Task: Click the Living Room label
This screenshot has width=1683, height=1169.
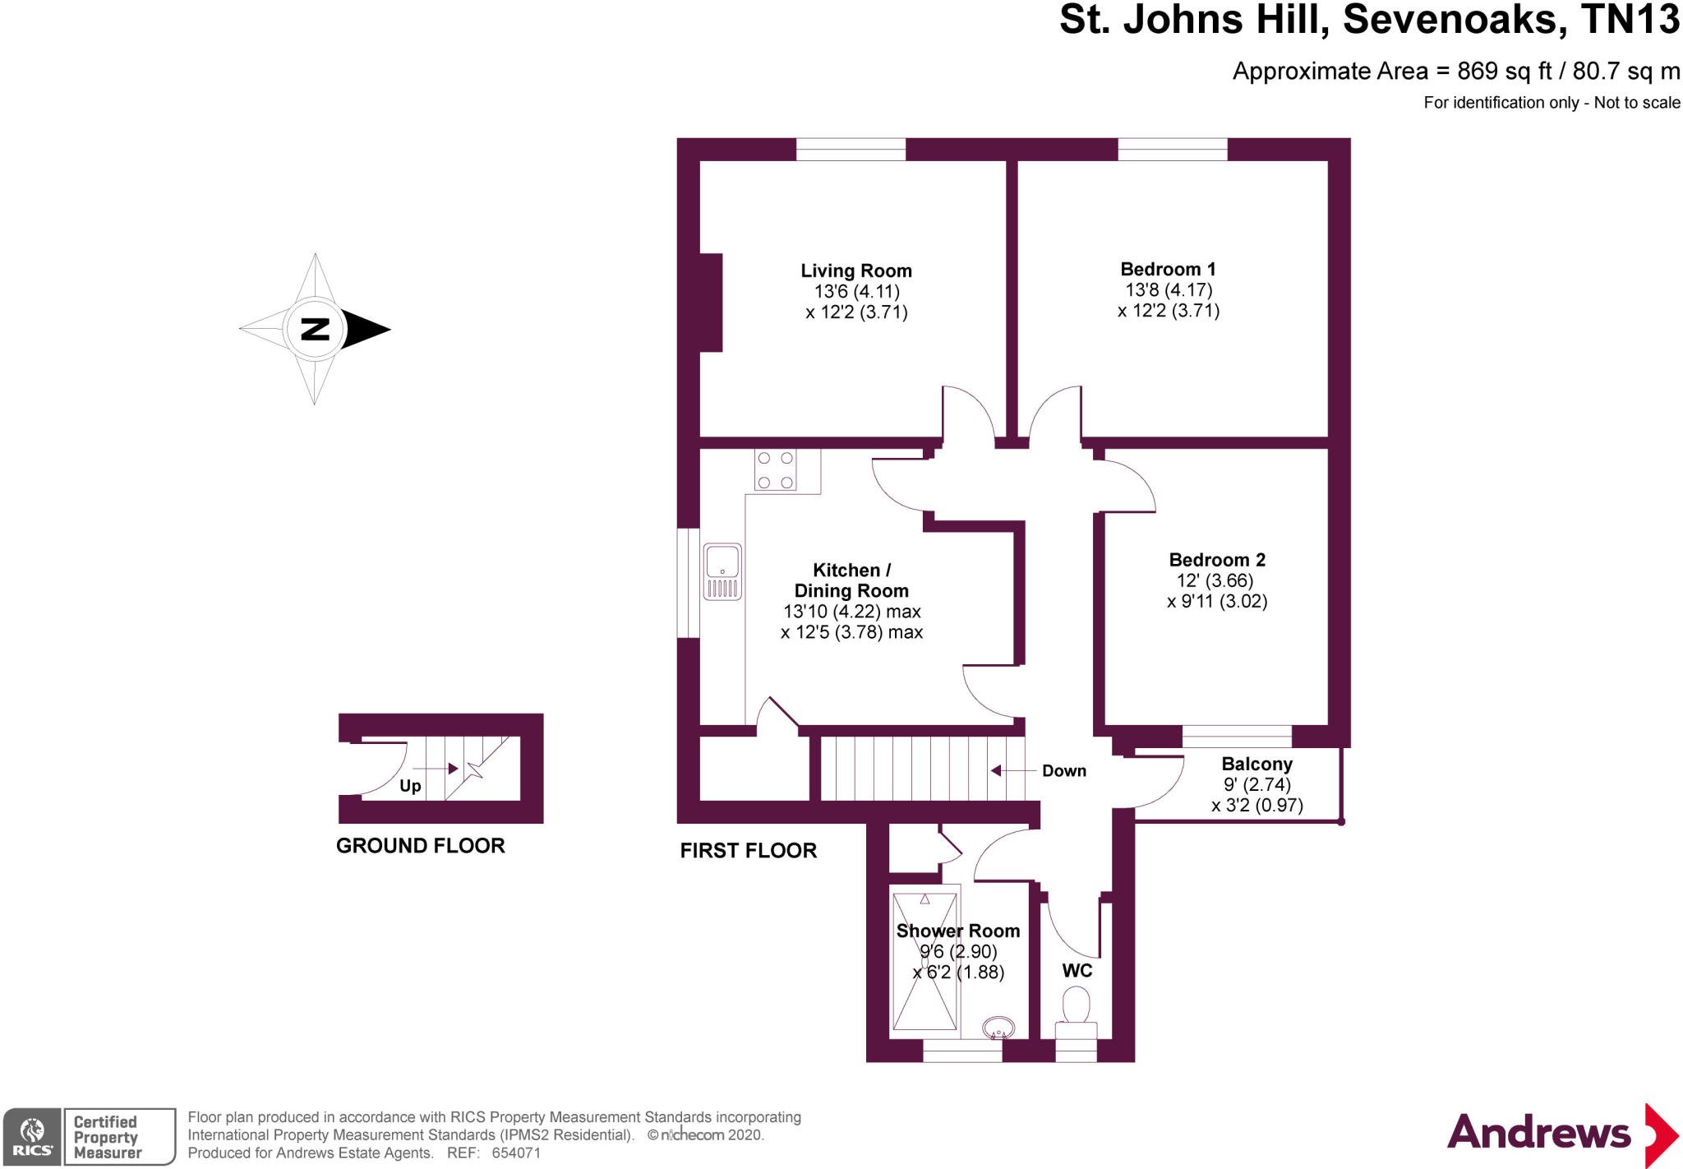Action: click(856, 270)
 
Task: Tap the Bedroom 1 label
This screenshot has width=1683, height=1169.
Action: click(1168, 269)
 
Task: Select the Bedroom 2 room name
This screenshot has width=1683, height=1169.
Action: click(1217, 560)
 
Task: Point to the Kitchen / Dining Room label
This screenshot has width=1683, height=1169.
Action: click(851, 580)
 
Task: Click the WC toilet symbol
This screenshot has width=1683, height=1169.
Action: click(1077, 1014)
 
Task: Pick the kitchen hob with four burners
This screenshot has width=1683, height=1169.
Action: click(775, 470)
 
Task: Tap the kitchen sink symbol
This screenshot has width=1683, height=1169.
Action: click(722, 571)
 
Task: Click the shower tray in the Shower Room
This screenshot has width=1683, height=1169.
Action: click(925, 961)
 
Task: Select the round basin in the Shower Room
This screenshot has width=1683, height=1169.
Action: click(998, 1028)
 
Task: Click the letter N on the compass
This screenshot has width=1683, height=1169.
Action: click(316, 329)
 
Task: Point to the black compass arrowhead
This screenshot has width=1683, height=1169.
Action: click(367, 329)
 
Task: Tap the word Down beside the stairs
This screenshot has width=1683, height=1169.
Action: click(1064, 771)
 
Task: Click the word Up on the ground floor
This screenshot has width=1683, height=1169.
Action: click(410, 787)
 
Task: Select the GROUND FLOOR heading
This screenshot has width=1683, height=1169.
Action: click(421, 846)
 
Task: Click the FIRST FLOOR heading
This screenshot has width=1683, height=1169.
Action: click(749, 851)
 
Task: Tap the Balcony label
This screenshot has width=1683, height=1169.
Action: click(1256, 765)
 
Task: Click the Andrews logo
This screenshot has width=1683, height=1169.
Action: click(1561, 1134)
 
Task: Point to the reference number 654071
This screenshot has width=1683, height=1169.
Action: click(515, 1153)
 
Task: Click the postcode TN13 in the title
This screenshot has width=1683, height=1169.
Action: click(1630, 20)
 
